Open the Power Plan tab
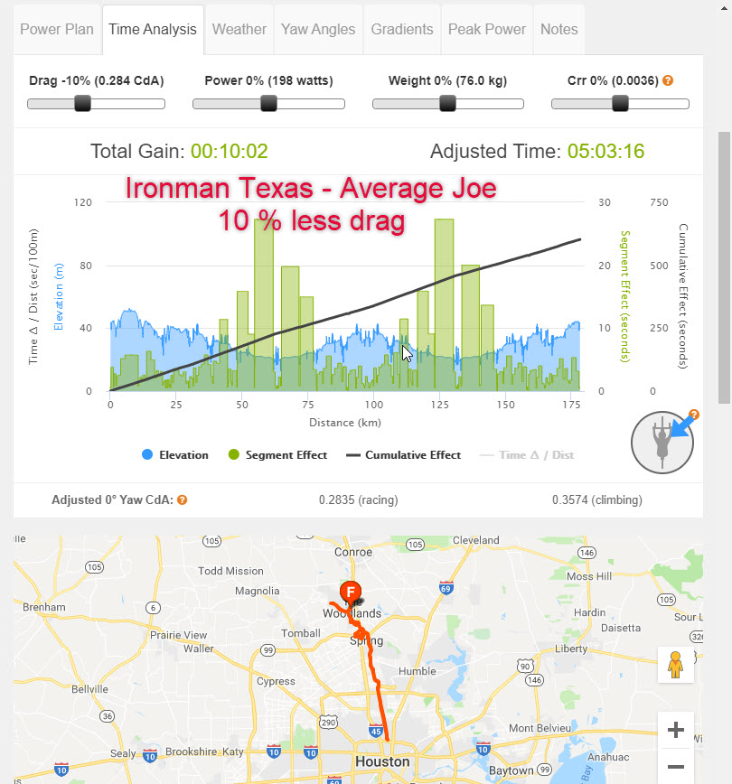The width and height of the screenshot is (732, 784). (56, 29)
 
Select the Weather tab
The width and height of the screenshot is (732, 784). (239, 29)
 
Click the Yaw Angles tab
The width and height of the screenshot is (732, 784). (318, 29)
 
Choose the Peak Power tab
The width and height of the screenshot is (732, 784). (487, 29)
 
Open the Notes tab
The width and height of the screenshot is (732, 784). (558, 29)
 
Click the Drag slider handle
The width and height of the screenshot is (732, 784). (82, 103)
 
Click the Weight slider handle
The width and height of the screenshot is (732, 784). (447, 103)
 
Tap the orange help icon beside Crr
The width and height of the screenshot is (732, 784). (668, 80)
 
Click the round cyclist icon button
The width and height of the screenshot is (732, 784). (662, 443)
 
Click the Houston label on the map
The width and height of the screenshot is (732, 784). (383, 761)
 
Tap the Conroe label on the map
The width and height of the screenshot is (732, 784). (353, 553)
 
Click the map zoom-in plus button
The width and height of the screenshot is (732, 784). (674, 730)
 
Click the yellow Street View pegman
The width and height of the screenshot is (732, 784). (674, 667)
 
